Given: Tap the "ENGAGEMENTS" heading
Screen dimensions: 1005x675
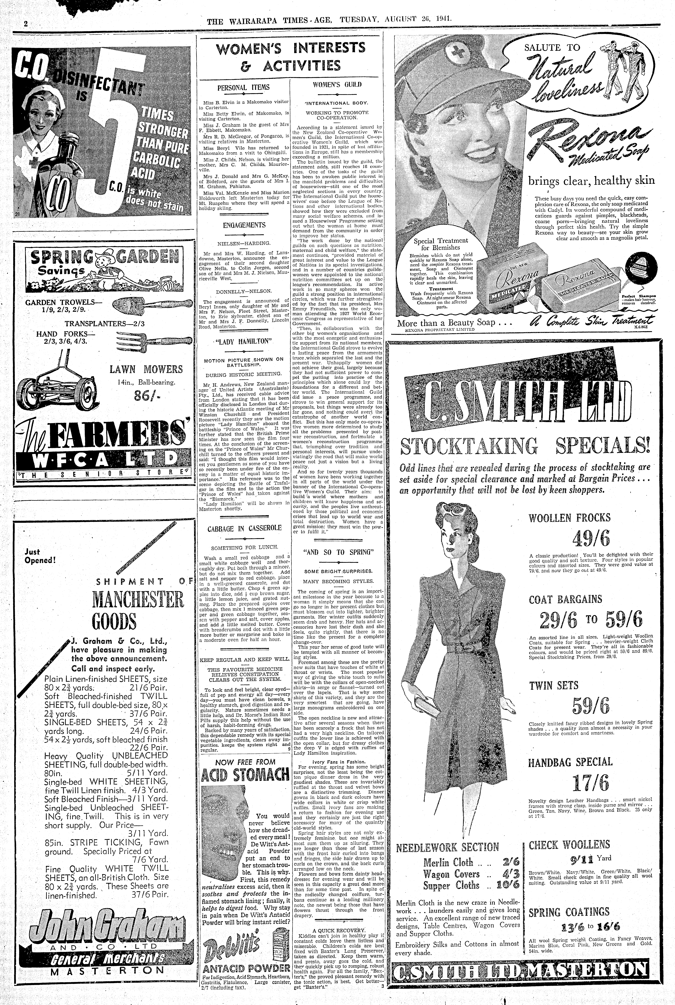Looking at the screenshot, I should coord(244,225).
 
